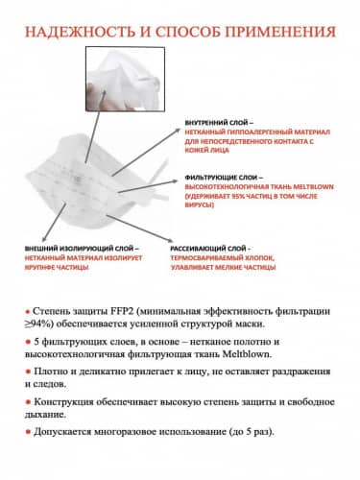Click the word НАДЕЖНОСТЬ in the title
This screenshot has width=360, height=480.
click(76, 32)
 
